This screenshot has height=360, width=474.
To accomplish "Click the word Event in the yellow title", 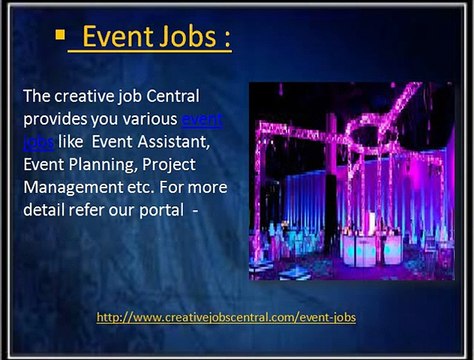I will tap(116, 37).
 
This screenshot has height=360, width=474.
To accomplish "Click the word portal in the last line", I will tap(161, 211).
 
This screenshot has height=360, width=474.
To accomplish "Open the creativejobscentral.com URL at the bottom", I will tap(226, 317).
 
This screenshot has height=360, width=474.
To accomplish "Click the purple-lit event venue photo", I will tap(350, 181).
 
